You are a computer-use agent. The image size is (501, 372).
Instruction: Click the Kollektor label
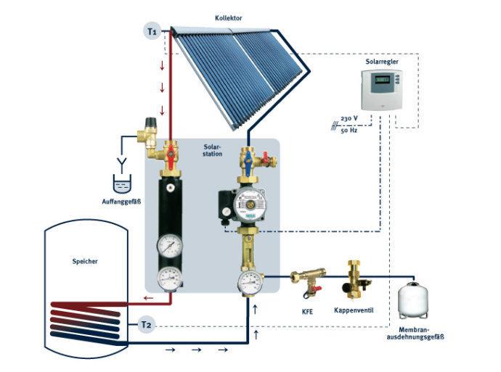230,16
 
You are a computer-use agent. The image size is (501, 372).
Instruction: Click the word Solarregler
382,63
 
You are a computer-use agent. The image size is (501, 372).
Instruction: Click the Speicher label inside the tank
86,261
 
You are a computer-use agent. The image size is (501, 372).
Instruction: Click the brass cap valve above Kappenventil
354,278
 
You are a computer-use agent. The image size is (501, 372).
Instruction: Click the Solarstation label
213,150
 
